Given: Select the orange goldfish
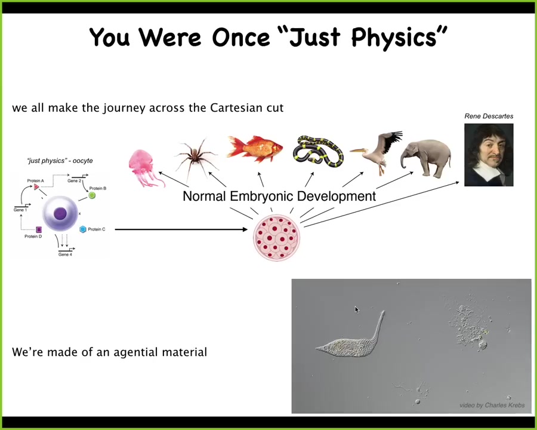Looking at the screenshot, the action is click(255, 149).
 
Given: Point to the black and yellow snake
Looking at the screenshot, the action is click(318, 151).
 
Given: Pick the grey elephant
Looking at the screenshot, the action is click(427, 158).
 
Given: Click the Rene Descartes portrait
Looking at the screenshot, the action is click(489, 155).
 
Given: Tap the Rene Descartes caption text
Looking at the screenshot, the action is click(489, 116).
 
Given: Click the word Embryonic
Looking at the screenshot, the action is click(261, 196).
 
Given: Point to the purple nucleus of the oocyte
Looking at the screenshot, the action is click(60, 214).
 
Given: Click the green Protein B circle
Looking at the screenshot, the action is click(92, 195).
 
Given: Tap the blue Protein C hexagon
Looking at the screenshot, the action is click(83, 229).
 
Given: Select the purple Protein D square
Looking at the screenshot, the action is click(39, 229).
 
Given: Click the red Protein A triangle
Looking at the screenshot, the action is click(36, 186).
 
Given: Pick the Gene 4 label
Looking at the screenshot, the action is click(65, 254).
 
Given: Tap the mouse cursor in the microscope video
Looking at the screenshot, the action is click(357, 309).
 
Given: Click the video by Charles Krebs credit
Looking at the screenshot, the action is click(492, 406).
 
